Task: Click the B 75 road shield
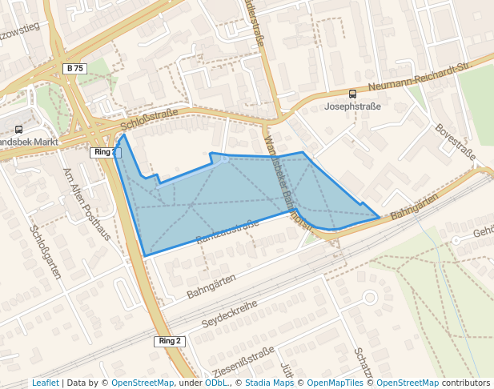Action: [x=74, y=69]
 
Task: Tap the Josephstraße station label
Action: [x=352, y=106]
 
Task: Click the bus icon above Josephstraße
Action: [x=353, y=94]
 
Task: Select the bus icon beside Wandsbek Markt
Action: [x=18, y=130]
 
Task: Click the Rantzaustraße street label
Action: [x=227, y=231]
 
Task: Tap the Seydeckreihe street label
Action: [x=230, y=310]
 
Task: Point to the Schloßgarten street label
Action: [x=46, y=251]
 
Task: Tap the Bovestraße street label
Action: [x=454, y=142]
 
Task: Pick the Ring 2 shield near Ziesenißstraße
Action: [x=170, y=341]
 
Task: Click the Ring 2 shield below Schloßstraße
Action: [x=103, y=152]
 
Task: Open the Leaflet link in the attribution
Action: [x=45, y=383]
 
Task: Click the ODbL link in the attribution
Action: [x=215, y=383]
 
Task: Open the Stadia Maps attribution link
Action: [x=269, y=383]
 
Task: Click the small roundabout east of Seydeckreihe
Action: [x=369, y=298]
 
